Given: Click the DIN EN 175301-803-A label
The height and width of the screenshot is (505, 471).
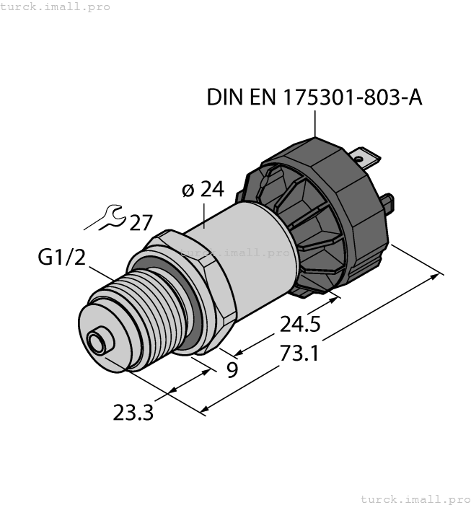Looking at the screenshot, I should [314, 98].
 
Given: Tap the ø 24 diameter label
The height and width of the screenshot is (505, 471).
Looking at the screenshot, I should [203, 190].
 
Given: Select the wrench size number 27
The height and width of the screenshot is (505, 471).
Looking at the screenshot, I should [141, 223].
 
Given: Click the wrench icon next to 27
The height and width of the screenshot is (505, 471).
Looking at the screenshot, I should [110, 216].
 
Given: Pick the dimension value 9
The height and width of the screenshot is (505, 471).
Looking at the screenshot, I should [232, 371].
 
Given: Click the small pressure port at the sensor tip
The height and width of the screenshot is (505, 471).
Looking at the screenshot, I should [94, 341].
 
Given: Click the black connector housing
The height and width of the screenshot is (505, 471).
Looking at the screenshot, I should [325, 209].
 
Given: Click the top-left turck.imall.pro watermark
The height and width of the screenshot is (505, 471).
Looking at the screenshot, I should [56, 6].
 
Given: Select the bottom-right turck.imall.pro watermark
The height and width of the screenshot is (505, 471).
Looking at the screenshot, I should [415, 499].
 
